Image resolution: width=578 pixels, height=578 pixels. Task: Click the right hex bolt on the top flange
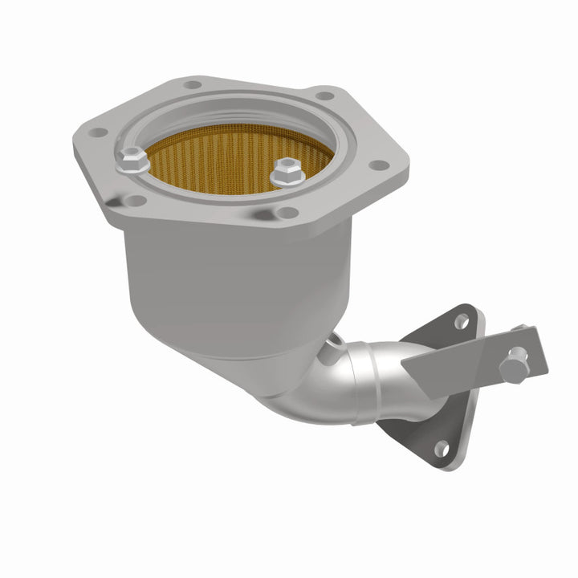click(x=285, y=172)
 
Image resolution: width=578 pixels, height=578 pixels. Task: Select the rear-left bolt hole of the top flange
click(x=192, y=84)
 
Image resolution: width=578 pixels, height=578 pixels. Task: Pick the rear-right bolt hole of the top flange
click(x=324, y=96)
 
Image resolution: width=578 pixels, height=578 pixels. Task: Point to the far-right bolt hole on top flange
click(x=380, y=165)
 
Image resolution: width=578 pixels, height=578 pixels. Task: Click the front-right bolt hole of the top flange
click(x=287, y=213)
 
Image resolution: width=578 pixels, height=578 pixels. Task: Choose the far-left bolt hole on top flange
click(x=97, y=132)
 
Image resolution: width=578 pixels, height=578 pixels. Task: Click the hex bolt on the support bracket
click(x=515, y=367)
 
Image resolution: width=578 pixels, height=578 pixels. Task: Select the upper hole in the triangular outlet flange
click(x=461, y=321)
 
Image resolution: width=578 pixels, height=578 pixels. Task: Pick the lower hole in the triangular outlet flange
click(x=440, y=448)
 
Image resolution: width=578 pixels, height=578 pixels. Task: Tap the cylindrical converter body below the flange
click(x=233, y=273)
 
